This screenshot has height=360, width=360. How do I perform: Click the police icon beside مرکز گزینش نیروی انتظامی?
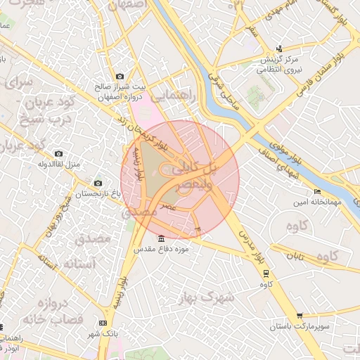pos(280,49)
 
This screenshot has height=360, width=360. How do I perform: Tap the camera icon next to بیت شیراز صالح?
pos(120,76)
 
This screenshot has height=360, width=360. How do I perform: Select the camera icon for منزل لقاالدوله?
pos(58,153)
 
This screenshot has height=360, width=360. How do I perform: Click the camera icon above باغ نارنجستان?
pos(97,183)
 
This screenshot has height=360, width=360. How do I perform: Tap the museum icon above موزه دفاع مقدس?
pos(162,238)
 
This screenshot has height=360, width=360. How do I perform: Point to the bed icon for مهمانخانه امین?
pos(318,191)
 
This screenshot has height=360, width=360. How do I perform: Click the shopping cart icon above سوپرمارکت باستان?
pos(300,316)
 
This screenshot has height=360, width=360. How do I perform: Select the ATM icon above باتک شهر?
pos(103,323)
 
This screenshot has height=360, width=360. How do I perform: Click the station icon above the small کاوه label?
pos(266,274)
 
